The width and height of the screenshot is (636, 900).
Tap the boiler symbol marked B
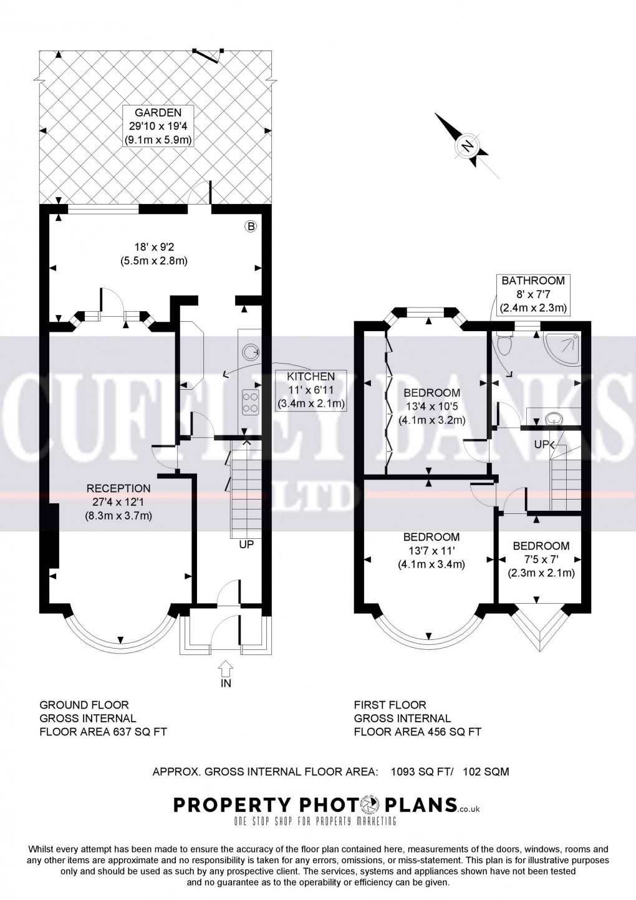(251, 226)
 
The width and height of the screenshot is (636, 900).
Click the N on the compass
(467, 147)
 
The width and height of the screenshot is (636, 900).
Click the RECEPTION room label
(118, 488)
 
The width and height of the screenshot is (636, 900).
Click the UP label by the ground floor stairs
(247, 544)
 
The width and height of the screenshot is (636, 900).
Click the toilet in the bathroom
(503, 342)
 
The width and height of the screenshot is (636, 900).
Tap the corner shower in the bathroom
(564, 346)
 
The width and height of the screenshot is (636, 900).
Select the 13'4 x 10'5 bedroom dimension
(431, 407)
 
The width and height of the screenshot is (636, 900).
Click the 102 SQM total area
(486, 772)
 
